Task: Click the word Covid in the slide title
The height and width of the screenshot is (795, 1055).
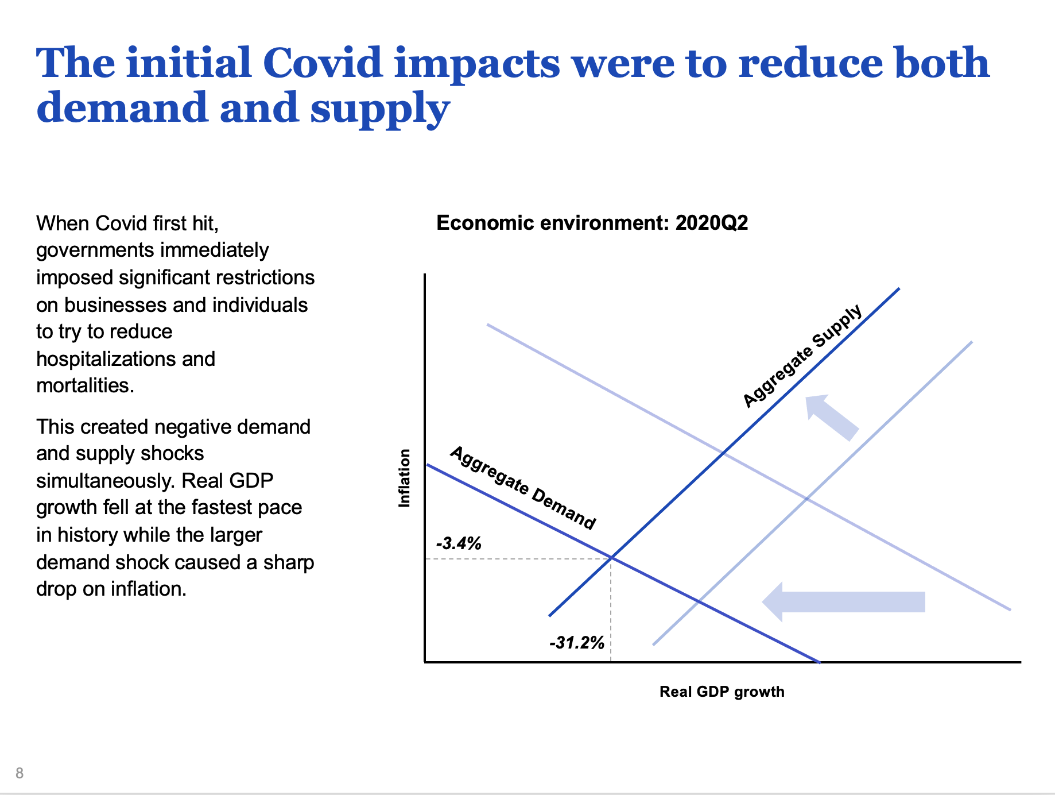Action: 323,63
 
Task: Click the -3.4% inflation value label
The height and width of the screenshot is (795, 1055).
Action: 459,543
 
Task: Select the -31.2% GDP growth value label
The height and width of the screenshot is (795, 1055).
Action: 577,642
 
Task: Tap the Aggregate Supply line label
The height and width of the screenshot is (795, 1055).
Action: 802,356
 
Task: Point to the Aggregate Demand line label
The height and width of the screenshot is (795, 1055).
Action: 522,488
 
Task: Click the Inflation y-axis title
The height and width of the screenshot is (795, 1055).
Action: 405,478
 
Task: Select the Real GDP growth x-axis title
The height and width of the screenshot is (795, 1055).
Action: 722,692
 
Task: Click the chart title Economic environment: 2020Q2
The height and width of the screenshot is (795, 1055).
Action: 592,223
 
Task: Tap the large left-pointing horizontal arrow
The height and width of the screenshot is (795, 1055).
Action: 843,601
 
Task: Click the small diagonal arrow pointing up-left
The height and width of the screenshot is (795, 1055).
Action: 832,417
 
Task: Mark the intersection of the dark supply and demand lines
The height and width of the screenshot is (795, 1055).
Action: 611,557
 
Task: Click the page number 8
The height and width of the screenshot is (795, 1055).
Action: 20,773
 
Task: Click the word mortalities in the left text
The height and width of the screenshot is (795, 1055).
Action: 84,385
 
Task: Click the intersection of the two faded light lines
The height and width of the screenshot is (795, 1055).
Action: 807,499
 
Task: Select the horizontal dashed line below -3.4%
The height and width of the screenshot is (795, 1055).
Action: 517,558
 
